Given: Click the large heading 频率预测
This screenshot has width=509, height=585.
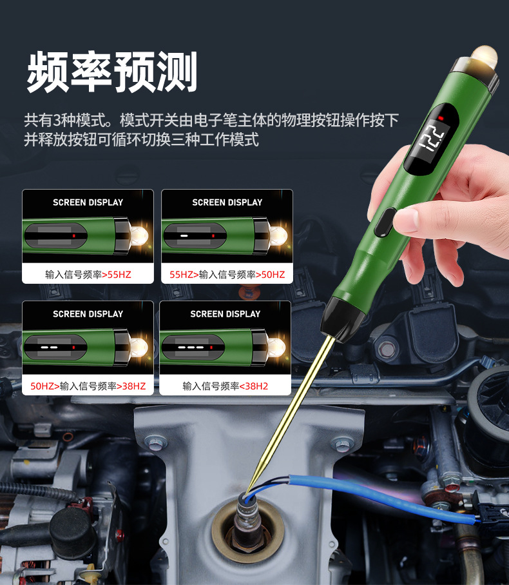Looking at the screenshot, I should pyautogui.click(x=111, y=71).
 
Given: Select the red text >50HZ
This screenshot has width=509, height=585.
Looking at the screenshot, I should pyautogui.click(x=270, y=275).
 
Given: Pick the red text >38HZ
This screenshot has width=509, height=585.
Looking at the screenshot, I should pyautogui.click(x=131, y=386).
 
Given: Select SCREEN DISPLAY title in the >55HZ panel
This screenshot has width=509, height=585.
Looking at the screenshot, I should pyautogui.click(x=88, y=203).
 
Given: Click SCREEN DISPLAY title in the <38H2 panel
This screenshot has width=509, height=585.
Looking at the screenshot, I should pyautogui.click(x=225, y=314).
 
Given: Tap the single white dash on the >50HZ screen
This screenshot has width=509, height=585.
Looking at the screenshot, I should pyautogui.click(x=184, y=237).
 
